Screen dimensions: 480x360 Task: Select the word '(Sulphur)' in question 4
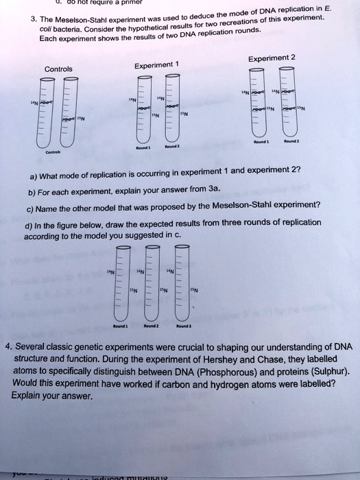[329, 372]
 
